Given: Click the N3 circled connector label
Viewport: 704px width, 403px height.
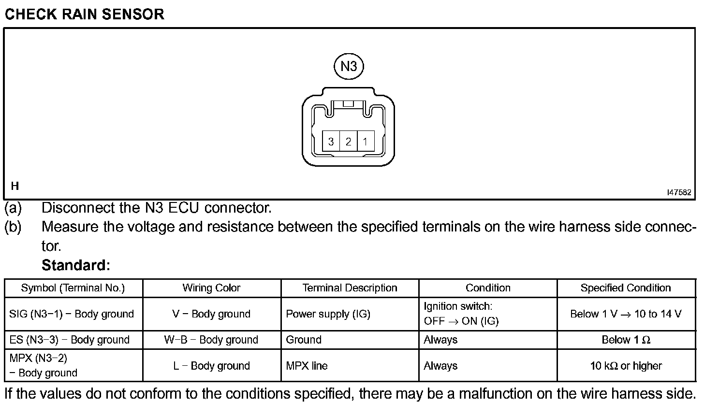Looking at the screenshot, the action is [x=348, y=66].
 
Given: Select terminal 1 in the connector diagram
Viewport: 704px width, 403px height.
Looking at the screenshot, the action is [x=366, y=142].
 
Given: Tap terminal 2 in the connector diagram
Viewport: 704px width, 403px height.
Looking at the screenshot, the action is [x=348, y=142].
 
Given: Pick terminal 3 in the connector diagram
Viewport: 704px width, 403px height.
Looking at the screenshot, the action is [x=331, y=142].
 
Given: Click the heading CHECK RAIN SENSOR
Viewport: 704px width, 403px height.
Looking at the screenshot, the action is [x=85, y=14].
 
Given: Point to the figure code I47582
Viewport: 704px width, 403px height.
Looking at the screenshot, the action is [x=679, y=192].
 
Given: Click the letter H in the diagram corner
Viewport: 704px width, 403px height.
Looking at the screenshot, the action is [x=15, y=186].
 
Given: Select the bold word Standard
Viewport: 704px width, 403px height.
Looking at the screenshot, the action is [x=76, y=265].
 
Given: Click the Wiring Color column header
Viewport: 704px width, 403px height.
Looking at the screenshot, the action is [x=211, y=288].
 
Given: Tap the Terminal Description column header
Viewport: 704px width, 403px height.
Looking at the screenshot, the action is [x=350, y=288].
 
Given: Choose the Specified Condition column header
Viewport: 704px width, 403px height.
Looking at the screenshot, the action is [x=626, y=288].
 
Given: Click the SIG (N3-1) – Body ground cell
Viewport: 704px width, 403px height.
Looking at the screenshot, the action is [x=72, y=314].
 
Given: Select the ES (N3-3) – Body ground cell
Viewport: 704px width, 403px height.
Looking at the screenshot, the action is [x=70, y=340].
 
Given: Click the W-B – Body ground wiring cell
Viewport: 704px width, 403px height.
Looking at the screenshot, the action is [x=211, y=340].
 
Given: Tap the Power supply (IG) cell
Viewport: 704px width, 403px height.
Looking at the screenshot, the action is [x=328, y=314].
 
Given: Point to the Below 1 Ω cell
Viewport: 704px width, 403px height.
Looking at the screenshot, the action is [x=626, y=340].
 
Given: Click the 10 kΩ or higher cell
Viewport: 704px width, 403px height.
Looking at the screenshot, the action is [x=626, y=366].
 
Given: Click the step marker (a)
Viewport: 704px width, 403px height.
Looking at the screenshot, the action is [x=13, y=208].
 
